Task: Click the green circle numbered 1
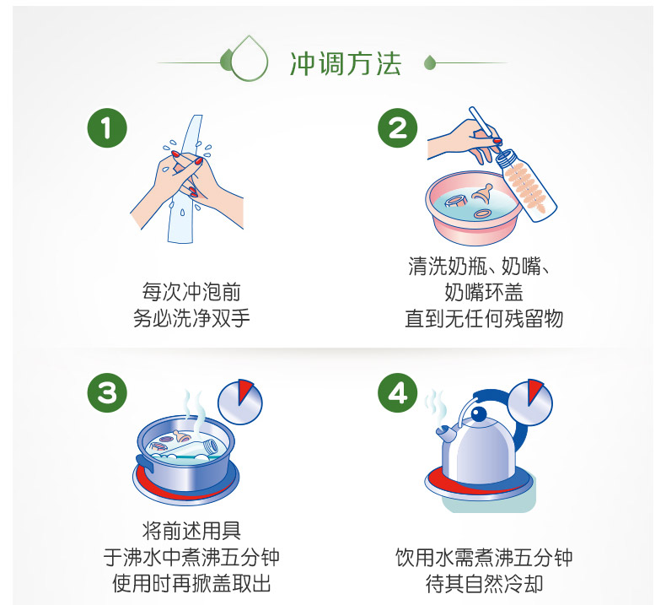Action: pos(107,128)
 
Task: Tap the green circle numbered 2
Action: pos(398,128)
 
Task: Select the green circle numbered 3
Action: pos(107,393)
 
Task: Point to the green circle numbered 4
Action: pos(398,393)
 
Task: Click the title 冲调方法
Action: pos(346,64)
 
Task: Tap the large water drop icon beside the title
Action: pos(249,59)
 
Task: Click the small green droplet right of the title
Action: pos(430,63)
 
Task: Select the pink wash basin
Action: pos(473,208)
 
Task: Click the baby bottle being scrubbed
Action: pos(526,185)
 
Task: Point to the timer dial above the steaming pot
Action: pos(240,402)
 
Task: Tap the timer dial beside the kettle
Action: pos(530,402)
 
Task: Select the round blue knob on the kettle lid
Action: pos(479,413)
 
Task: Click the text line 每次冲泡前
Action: pos(191,292)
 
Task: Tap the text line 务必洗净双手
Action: pos(191,318)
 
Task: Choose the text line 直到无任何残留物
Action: pos(484,318)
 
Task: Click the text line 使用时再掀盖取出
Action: pos(191,583)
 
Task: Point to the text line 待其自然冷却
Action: pos(484,583)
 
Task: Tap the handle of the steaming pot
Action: pos(144,462)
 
